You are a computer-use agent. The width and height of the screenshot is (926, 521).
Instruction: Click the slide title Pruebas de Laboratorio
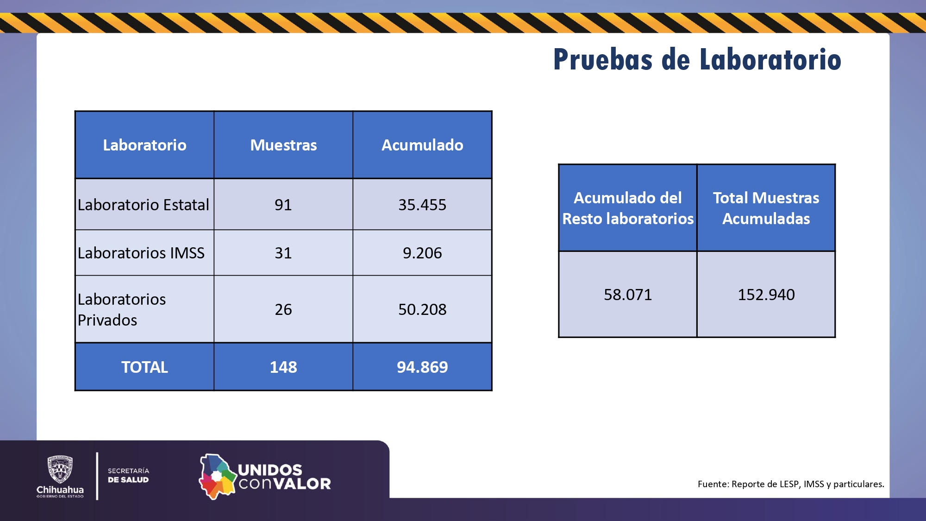[x=697, y=60]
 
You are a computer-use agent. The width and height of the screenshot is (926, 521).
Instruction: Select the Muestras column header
[x=283, y=145]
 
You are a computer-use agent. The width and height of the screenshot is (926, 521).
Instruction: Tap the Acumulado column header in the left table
[x=422, y=145]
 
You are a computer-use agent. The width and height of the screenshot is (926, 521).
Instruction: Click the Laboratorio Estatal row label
[x=144, y=205]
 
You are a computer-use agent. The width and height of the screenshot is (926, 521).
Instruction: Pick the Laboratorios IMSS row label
[x=141, y=253]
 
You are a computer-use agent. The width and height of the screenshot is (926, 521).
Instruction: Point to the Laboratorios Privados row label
[x=122, y=309]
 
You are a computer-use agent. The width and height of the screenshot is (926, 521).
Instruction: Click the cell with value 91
[x=283, y=205]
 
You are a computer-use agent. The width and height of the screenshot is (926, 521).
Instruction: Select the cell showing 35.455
[x=422, y=205]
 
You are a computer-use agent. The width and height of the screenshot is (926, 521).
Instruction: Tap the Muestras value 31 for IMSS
[x=283, y=253]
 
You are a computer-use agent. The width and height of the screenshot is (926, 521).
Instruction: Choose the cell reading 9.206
[x=422, y=253]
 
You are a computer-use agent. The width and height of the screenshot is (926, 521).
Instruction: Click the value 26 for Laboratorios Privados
[x=283, y=309]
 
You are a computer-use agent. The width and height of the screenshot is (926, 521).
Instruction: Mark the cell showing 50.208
[x=422, y=309]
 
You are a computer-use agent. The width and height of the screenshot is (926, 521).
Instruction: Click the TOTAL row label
[x=144, y=367]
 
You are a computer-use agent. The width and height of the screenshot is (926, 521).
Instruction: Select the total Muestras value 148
[x=283, y=367]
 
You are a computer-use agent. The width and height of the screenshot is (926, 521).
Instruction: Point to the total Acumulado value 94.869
[x=422, y=367]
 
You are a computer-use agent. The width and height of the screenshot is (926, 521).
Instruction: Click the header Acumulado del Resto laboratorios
[x=628, y=208]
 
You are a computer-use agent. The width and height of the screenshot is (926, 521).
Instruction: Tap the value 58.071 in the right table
[x=628, y=295]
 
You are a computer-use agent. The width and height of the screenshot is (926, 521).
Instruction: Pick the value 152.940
[x=766, y=295]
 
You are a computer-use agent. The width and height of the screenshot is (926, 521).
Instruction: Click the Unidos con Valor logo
[x=265, y=477]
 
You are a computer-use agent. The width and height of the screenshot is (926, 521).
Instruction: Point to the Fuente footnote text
[x=791, y=484]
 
